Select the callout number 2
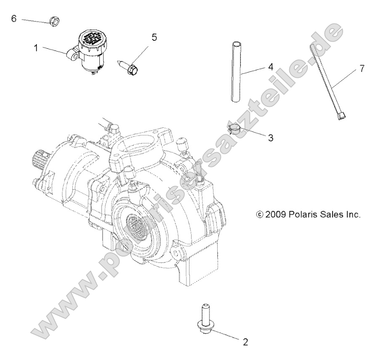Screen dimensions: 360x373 245,341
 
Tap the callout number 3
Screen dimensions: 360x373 271,138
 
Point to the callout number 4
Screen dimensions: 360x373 271,66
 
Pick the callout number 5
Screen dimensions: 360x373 154,37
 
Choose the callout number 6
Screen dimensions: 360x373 14,19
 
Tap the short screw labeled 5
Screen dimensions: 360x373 130,65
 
